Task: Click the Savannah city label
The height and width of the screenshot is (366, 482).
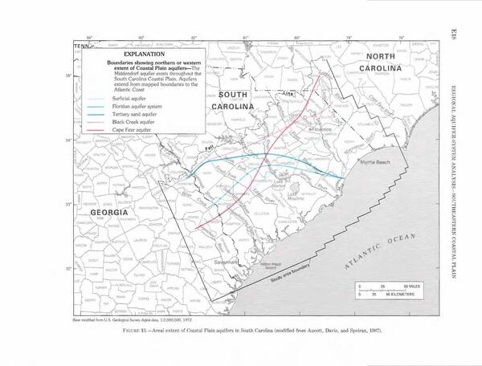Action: tap(222, 262)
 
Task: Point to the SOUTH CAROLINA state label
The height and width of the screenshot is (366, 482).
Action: tap(233, 100)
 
